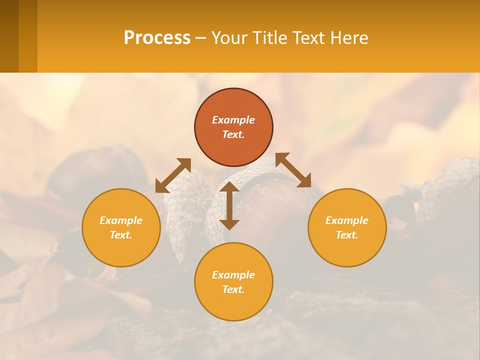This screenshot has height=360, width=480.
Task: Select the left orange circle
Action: coord(121,250)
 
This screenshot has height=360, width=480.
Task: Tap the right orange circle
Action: coord(347,250)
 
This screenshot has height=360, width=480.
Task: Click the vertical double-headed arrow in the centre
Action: coord(229,205)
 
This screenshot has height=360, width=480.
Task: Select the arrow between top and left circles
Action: coord(173,175)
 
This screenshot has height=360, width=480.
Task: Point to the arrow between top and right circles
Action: coord(293,170)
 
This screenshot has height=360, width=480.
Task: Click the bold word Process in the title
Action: coord(157,37)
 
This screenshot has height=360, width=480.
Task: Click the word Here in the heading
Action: coord(349,37)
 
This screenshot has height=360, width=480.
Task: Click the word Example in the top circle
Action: coord(233,120)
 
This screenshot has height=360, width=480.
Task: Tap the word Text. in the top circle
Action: coord(233,134)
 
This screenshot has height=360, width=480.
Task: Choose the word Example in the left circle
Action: coord(121,220)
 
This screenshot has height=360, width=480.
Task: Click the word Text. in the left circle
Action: coord(121,235)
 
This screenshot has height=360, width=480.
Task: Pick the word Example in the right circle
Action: coord(347,220)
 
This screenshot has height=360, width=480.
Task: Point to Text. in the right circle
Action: coord(347,235)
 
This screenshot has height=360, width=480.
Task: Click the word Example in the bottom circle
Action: coord(233,275)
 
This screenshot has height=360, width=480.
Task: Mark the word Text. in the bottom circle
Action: coord(233,289)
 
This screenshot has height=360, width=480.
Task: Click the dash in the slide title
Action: coord(201,38)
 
